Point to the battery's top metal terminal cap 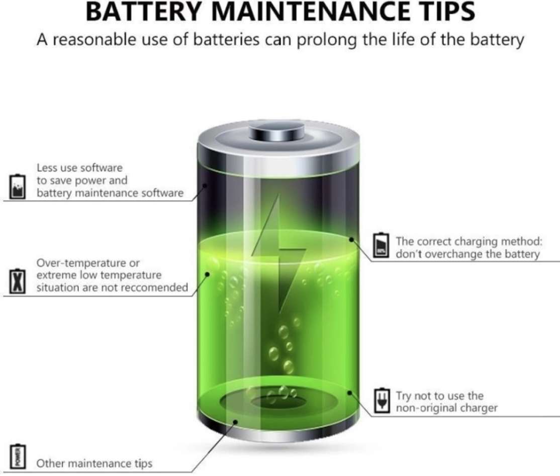[x=277, y=131]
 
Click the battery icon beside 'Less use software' [x=17, y=186]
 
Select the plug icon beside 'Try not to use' [x=382, y=400]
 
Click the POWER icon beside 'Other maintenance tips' [x=17, y=456]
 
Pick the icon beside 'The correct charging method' [x=381, y=245]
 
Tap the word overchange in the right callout [x=454, y=254]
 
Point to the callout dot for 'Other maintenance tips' [x=235, y=422]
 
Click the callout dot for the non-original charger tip [x=350, y=393]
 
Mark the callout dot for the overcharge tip [x=351, y=239]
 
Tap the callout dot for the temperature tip [x=207, y=274]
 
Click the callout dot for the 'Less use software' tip [x=206, y=185]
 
